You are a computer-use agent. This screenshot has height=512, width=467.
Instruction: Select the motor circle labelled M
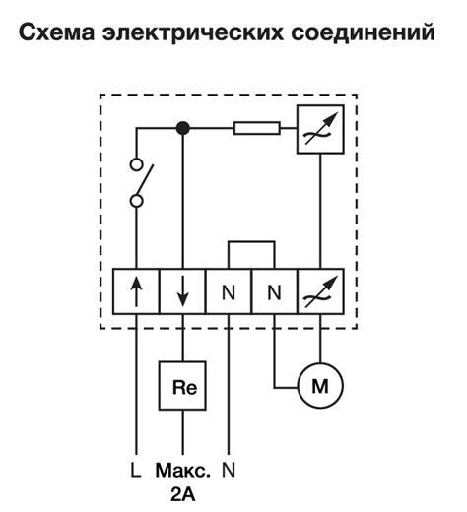[x=318, y=387]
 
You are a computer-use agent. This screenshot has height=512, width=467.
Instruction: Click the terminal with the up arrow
[x=136, y=291]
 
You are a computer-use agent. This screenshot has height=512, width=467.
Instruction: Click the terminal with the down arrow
[x=182, y=291]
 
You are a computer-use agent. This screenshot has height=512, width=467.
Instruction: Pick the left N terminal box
[x=229, y=291]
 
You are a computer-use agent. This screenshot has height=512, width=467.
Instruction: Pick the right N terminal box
[x=274, y=291]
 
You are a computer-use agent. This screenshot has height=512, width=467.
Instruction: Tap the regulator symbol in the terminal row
[x=319, y=291]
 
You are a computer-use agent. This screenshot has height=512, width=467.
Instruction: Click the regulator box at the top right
[x=319, y=128]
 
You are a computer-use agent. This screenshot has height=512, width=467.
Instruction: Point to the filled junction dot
[x=182, y=127]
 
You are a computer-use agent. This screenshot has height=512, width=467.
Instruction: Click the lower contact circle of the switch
[x=137, y=201]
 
